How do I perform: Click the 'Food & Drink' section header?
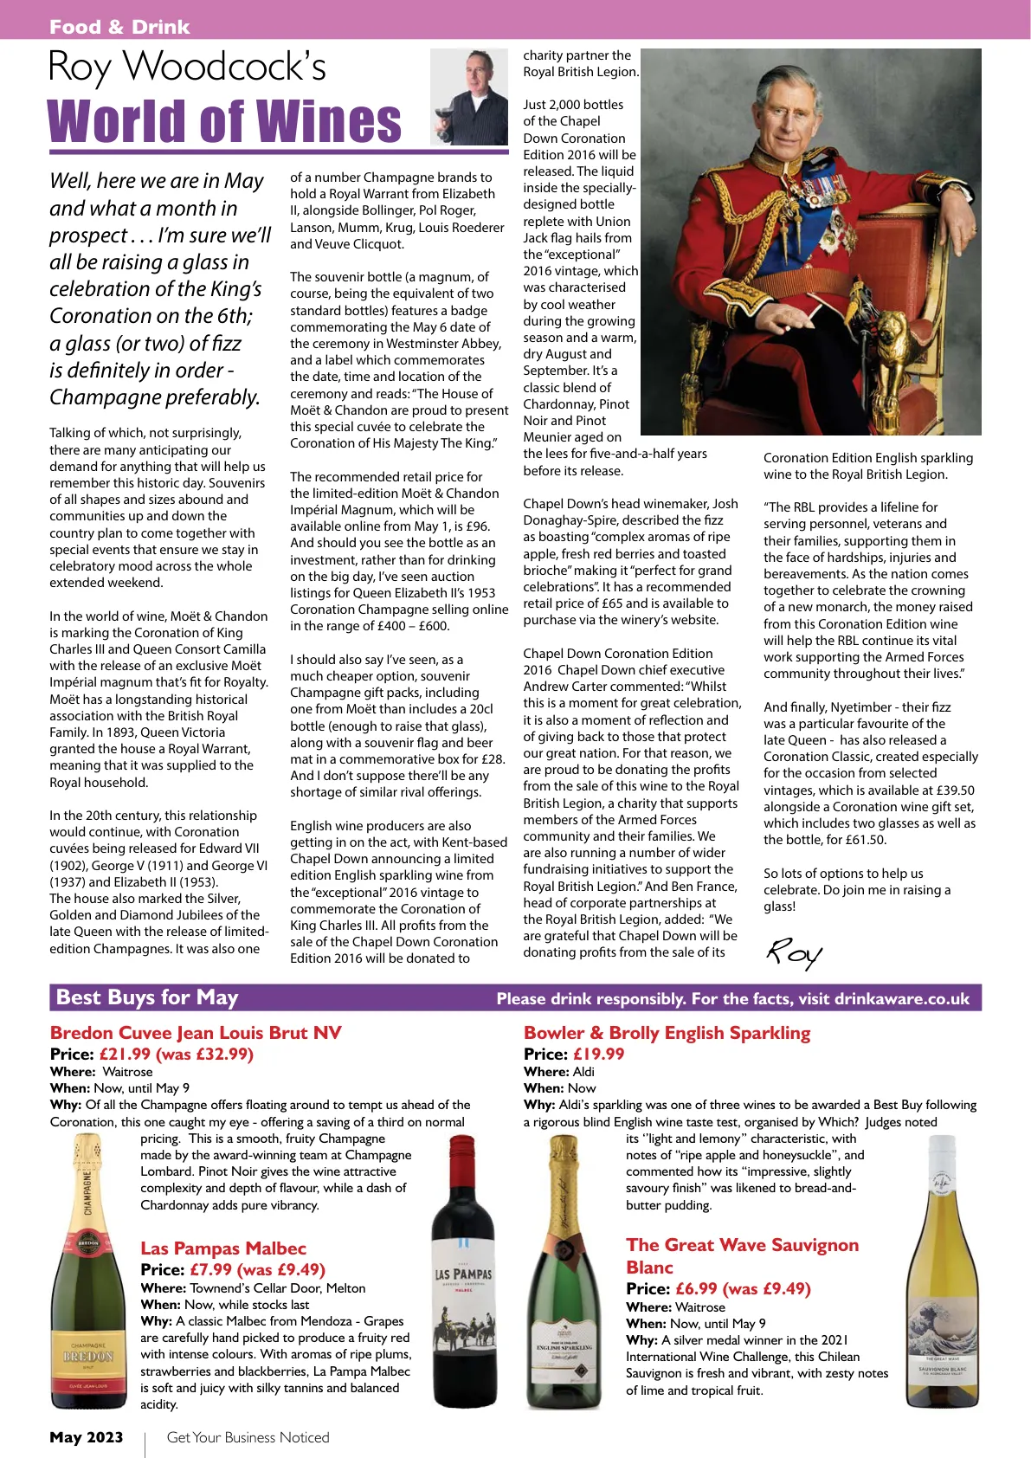tap(119, 27)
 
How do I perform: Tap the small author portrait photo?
tap(468, 96)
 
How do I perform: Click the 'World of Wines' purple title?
tap(224, 122)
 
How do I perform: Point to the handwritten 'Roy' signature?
tap(794, 953)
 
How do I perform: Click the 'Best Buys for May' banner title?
tap(147, 997)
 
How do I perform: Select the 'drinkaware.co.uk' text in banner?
tap(901, 999)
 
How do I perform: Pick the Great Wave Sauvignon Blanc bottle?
tap(941, 1269)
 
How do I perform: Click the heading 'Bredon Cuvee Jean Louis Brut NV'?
tap(196, 1033)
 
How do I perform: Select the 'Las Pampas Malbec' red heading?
tap(223, 1248)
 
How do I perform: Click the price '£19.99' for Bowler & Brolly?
tap(598, 1055)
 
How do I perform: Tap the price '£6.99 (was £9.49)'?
tap(743, 1289)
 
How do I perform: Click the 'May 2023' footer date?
tap(87, 1437)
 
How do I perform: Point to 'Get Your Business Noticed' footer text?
tap(248, 1437)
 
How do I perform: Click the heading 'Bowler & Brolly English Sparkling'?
tap(667, 1033)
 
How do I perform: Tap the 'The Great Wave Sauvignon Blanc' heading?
tap(742, 1255)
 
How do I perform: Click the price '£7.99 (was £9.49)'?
tap(257, 1270)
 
